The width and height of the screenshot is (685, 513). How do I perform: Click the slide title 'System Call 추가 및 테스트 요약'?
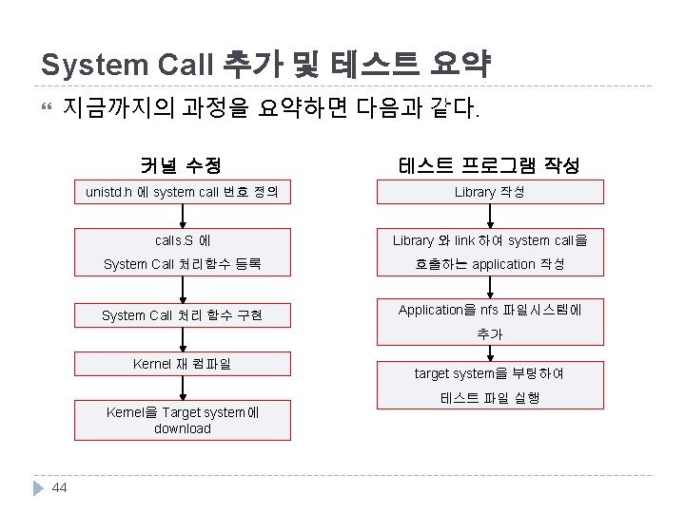(x=265, y=65)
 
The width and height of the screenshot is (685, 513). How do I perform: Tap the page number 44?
(x=60, y=487)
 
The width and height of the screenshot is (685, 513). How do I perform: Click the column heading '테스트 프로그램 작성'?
(x=489, y=165)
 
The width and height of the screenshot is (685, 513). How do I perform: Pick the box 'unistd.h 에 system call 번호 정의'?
(x=182, y=192)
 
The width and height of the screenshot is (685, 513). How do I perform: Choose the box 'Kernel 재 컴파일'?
(x=182, y=364)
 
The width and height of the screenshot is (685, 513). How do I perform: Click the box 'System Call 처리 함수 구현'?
(x=182, y=315)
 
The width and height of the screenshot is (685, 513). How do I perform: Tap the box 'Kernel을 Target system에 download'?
(x=182, y=420)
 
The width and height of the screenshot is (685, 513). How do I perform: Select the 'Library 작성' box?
(x=489, y=192)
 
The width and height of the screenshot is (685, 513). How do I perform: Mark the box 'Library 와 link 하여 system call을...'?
(x=489, y=252)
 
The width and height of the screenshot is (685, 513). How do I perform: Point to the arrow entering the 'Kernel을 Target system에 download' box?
(x=182, y=389)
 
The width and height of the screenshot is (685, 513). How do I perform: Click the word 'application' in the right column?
(x=503, y=264)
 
